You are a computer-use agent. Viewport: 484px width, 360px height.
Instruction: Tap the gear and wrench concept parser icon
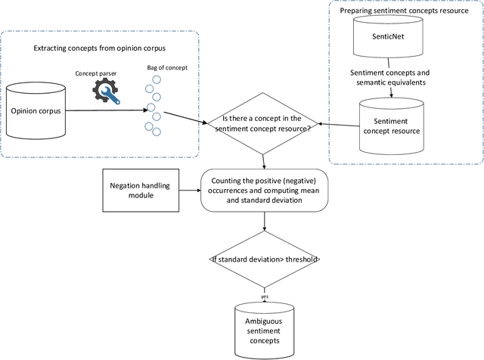[x=107, y=91]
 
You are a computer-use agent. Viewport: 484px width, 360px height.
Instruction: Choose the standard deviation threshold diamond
[x=264, y=259]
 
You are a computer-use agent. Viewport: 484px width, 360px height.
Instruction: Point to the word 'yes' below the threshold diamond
[x=264, y=297]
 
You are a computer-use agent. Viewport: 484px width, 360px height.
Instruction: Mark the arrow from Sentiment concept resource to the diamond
[x=337, y=125]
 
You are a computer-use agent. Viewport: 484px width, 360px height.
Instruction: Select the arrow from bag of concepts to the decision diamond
[x=185, y=116]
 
